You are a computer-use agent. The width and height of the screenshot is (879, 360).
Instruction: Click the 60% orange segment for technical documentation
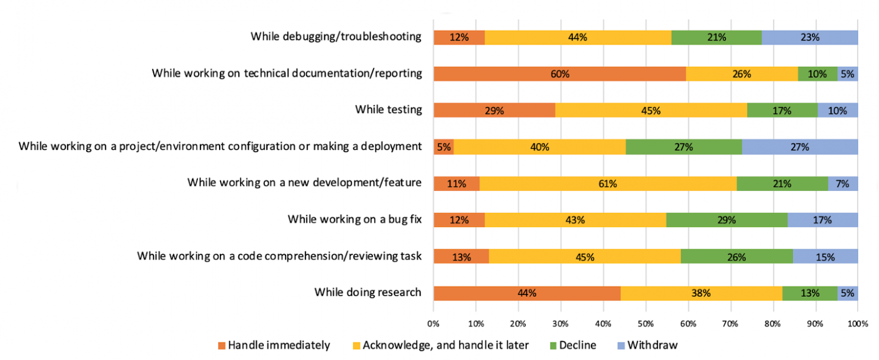click(x=560, y=74)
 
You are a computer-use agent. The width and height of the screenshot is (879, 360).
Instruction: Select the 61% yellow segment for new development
click(x=608, y=183)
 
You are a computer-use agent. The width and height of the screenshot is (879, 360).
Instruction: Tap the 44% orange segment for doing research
click(x=527, y=293)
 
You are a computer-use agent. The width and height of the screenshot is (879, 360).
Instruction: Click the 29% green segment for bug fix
click(x=726, y=220)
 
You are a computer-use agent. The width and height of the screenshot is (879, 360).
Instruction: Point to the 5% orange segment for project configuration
click(x=443, y=147)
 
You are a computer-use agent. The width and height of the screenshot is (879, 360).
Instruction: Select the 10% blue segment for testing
click(x=837, y=110)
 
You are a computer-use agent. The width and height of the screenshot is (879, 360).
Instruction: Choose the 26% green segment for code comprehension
click(x=736, y=257)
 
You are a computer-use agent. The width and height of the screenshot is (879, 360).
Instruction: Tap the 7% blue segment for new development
click(x=842, y=183)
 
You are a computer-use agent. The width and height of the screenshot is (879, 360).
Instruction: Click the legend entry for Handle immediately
click(x=273, y=345)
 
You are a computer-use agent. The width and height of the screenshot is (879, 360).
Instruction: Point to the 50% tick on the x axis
click(x=645, y=325)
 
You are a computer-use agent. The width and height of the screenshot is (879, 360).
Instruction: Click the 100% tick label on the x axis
click(x=857, y=325)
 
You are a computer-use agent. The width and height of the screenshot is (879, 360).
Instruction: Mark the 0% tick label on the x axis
click(x=433, y=325)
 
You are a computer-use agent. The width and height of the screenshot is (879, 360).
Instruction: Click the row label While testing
click(x=388, y=110)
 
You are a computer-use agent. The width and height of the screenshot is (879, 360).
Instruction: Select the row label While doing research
click(x=367, y=292)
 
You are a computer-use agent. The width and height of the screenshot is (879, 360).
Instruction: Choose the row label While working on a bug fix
click(x=354, y=219)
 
